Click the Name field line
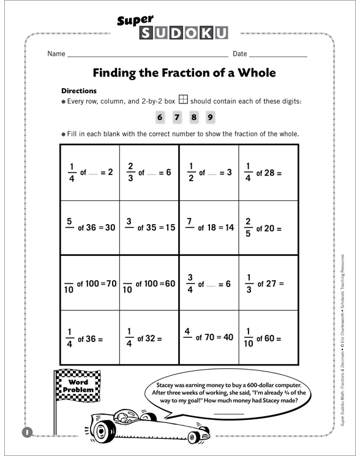[147, 55]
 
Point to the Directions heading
[80, 91]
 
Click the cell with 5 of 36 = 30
[90, 227]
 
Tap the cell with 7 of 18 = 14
[209, 227]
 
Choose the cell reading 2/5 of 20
[268, 227]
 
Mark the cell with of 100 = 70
[90, 283]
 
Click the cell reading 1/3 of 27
[268, 283]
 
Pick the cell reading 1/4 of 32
[149, 337]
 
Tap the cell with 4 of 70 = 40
[209, 337]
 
